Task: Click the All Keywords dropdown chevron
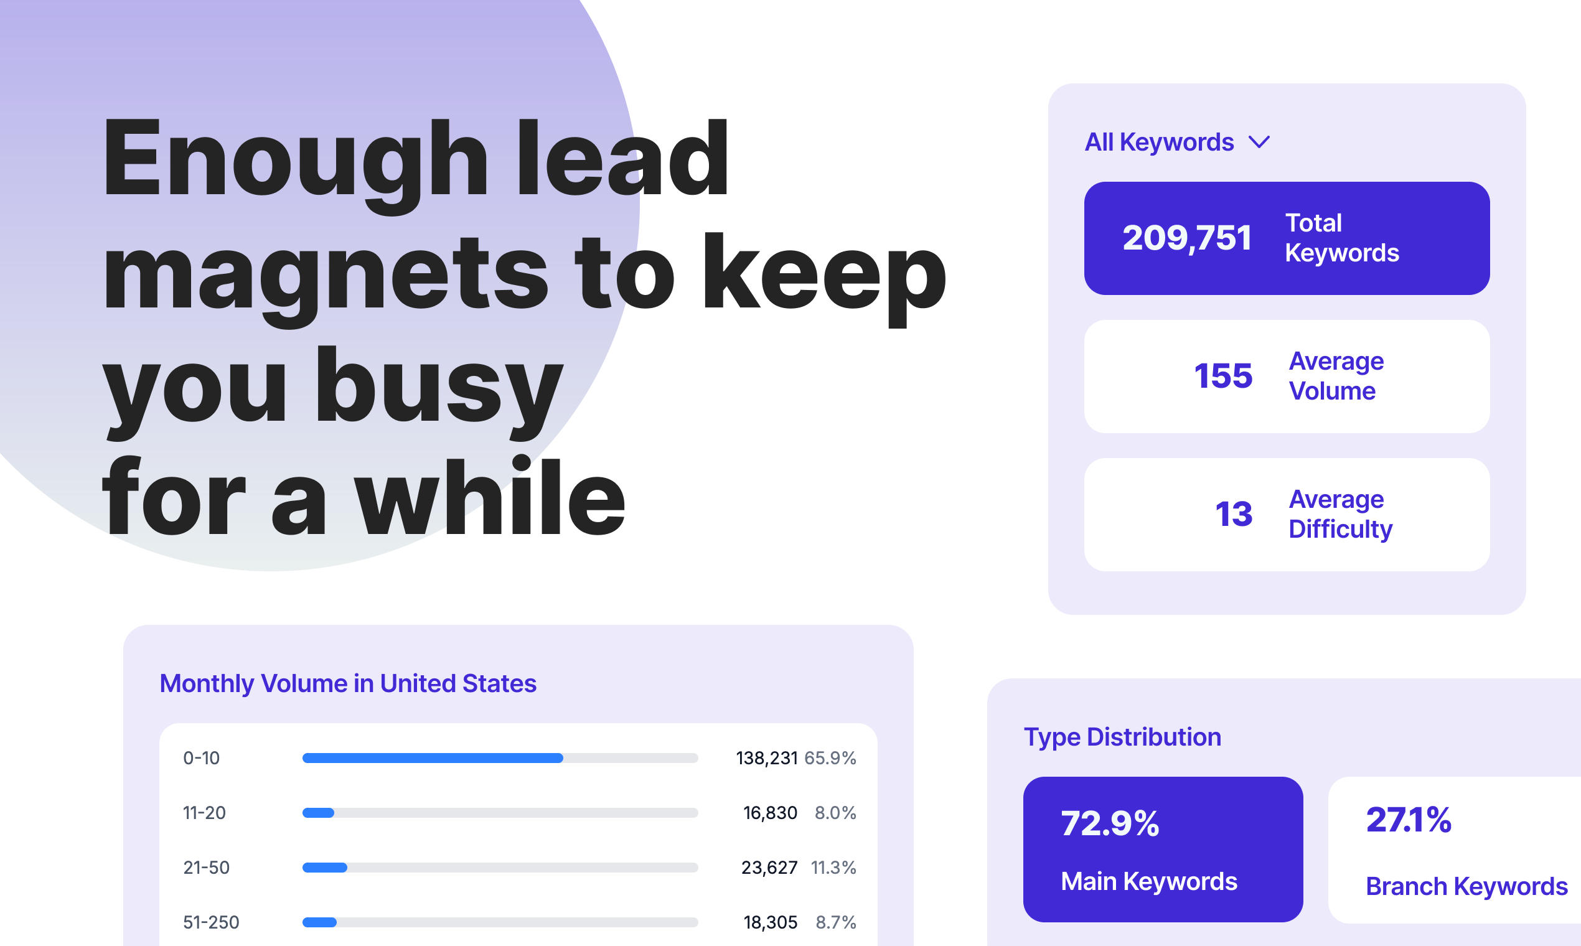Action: click(x=1259, y=142)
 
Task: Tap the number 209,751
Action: click(x=1186, y=238)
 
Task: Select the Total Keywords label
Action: click(x=1341, y=238)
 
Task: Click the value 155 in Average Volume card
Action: click(x=1222, y=376)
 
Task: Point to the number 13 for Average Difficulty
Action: click(x=1234, y=515)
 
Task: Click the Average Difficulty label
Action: click(x=1340, y=515)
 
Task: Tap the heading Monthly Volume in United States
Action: click(x=347, y=683)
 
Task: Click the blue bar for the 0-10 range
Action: click(x=432, y=758)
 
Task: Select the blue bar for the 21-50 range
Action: click(x=324, y=868)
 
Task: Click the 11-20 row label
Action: click(x=204, y=813)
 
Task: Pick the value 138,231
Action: click(x=766, y=758)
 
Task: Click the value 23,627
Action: click(x=769, y=868)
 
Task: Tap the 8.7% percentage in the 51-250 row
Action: click(x=835, y=922)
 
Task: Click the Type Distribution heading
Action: click(x=1122, y=737)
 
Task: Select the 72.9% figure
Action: click(x=1109, y=823)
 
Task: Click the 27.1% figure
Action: click(x=1408, y=820)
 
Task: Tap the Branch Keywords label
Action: click(x=1466, y=887)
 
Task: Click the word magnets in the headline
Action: click(x=325, y=274)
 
